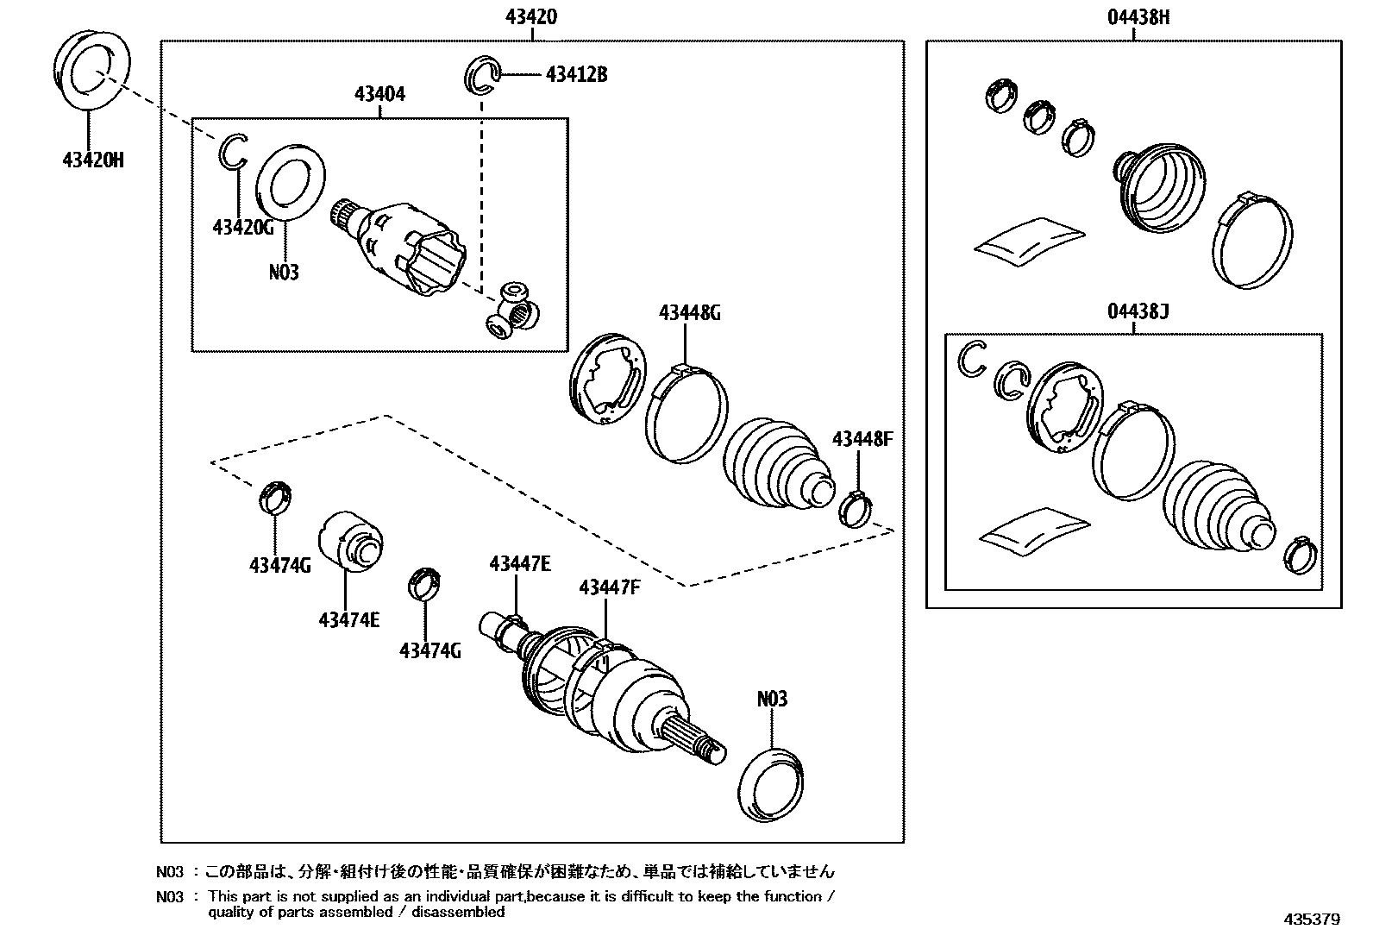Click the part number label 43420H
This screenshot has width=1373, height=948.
point(92,160)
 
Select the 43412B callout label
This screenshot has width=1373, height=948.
point(576,75)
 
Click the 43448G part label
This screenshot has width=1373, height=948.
point(689,313)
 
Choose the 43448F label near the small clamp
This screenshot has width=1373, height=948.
point(862,440)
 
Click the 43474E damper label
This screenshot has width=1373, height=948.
point(348,619)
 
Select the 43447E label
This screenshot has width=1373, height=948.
point(519,564)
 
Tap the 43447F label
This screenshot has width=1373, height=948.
point(610,588)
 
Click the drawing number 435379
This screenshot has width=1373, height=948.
point(1311,920)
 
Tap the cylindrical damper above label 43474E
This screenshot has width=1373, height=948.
point(348,540)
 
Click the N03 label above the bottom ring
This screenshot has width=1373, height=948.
point(772,699)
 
